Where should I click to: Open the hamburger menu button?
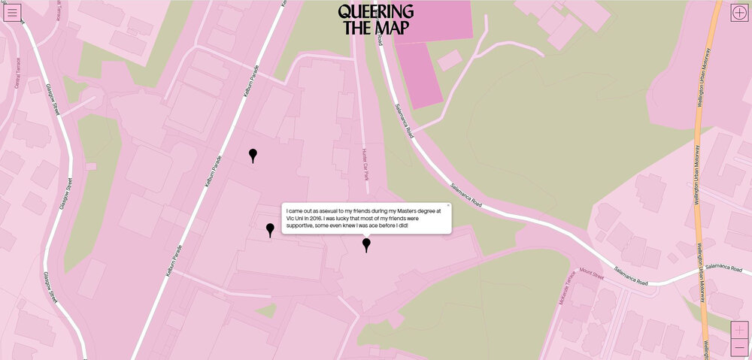pyautogui.click(x=12, y=12)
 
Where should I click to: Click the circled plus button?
pyautogui.click(x=739, y=12)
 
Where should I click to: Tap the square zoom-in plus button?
pyautogui.click(x=739, y=331)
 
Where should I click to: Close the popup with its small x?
pyautogui.click(x=448, y=205)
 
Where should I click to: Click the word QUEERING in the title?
pyautogui.click(x=375, y=12)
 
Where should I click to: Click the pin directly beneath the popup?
pyautogui.click(x=366, y=244)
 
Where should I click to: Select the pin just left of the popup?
pyautogui.click(x=270, y=230)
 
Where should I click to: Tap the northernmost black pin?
pyautogui.click(x=253, y=155)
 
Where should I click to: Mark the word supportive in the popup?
pyautogui.click(x=301, y=225)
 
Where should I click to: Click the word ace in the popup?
pyautogui.click(x=372, y=225)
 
